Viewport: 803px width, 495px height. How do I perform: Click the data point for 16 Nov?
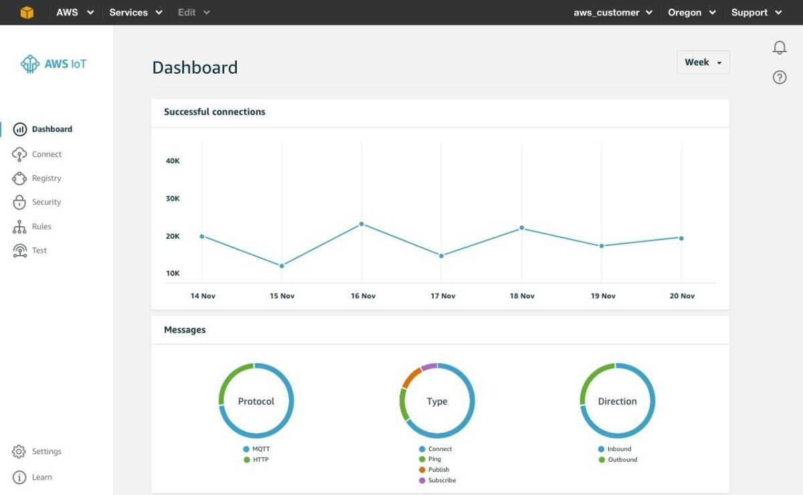[x=361, y=223]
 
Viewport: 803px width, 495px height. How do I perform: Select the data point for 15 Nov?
[x=282, y=266]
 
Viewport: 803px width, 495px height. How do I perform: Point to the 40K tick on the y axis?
[x=173, y=161]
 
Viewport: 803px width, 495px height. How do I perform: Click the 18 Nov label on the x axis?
[x=522, y=296]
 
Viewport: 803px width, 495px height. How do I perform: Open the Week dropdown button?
[x=703, y=62]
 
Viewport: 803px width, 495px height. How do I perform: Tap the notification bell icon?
[x=780, y=47]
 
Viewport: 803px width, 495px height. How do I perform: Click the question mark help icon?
[x=780, y=78]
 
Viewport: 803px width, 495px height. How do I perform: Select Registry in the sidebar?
[x=46, y=179]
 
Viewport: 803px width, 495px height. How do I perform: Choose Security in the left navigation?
[x=46, y=202]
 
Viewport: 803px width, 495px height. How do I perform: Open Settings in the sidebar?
[x=46, y=452]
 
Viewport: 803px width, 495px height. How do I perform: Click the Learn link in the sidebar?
[x=41, y=478]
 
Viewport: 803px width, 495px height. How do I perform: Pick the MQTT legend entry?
[x=261, y=449]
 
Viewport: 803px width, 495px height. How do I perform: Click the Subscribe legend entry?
[x=442, y=480]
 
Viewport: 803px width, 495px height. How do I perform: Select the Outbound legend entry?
[x=622, y=460]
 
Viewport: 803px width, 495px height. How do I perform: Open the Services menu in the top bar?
[x=136, y=13]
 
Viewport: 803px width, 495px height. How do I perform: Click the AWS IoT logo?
[x=54, y=64]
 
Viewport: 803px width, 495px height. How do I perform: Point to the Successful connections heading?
[x=215, y=112]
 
